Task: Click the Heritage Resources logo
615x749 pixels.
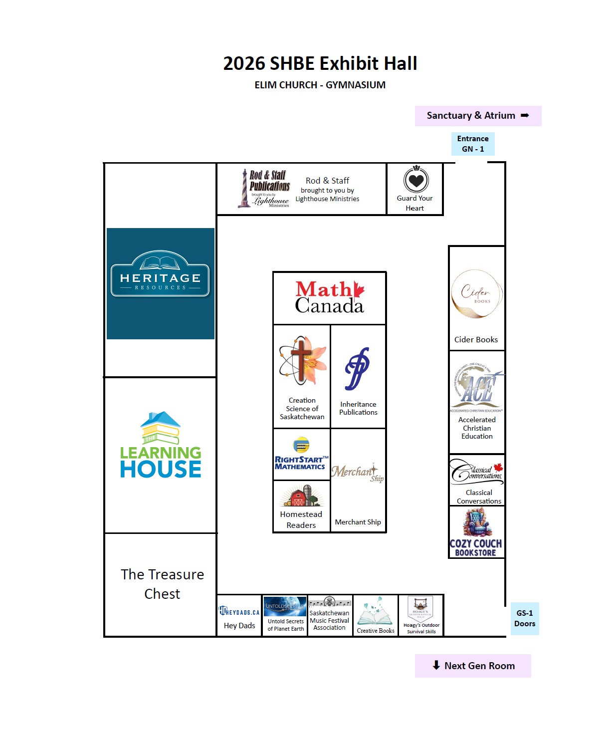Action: point(160,274)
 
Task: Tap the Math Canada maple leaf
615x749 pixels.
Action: point(359,289)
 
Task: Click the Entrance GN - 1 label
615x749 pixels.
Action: point(473,144)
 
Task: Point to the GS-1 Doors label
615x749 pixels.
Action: point(525,618)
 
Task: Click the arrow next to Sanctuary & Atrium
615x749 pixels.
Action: point(525,115)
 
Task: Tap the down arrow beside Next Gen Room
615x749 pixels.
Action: point(436,665)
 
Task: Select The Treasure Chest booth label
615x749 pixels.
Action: point(162,584)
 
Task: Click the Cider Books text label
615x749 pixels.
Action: point(476,339)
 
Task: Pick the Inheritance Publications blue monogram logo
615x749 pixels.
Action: point(358,369)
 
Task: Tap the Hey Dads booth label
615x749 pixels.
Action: point(239,625)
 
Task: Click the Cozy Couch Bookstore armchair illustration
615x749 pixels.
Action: point(477,522)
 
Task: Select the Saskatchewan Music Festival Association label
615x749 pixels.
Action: point(329,620)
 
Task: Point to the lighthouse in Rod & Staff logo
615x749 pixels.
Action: point(244,188)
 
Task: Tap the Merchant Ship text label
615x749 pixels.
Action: point(358,522)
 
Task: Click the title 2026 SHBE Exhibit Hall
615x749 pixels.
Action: point(320,63)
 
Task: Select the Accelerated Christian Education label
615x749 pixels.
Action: point(477,428)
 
